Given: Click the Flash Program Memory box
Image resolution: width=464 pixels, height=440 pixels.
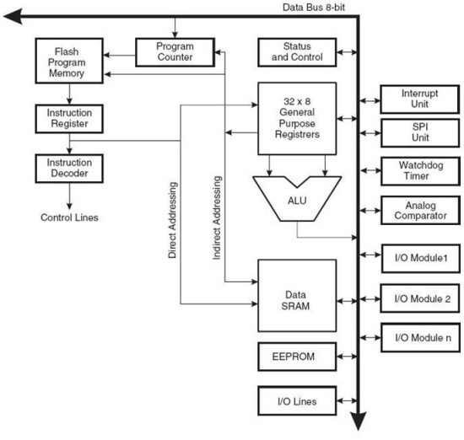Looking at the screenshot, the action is (x=69, y=61).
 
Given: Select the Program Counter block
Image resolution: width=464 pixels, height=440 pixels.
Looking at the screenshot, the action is (x=175, y=52).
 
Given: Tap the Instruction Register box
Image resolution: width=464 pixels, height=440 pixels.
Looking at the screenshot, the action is (x=69, y=119).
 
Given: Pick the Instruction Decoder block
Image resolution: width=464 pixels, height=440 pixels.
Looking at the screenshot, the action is (x=69, y=169).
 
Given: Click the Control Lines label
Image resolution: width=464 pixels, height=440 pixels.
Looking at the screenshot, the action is (x=69, y=217).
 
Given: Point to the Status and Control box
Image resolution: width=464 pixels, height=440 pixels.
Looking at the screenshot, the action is (x=297, y=52).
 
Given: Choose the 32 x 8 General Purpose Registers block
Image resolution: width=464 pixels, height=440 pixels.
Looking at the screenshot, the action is (x=297, y=118).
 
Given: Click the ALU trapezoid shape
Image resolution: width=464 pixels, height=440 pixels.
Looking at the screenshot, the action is (x=297, y=199).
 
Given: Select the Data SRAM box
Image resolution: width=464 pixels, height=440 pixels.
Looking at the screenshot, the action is (x=297, y=295).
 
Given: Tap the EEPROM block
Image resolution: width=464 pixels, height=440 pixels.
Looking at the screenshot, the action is (x=297, y=357).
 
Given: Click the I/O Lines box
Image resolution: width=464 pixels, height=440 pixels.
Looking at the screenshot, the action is (x=297, y=401).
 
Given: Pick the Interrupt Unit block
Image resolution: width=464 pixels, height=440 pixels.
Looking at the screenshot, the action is (x=420, y=99).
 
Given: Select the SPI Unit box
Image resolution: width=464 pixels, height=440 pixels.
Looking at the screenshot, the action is (x=420, y=132).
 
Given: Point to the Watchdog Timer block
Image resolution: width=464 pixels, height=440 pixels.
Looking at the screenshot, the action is (x=420, y=171).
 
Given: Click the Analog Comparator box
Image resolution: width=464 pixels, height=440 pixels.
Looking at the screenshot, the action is (x=420, y=210).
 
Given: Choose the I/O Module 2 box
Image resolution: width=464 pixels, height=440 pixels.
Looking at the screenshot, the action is (x=420, y=298).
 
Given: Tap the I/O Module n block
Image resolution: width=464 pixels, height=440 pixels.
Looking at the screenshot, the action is (x=420, y=337).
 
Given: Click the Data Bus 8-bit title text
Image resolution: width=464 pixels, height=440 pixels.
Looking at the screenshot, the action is (x=314, y=8).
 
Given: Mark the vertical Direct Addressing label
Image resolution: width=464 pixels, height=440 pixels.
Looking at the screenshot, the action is (x=172, y=220).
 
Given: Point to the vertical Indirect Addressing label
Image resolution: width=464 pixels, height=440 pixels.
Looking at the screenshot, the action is (x=217, y=218).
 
